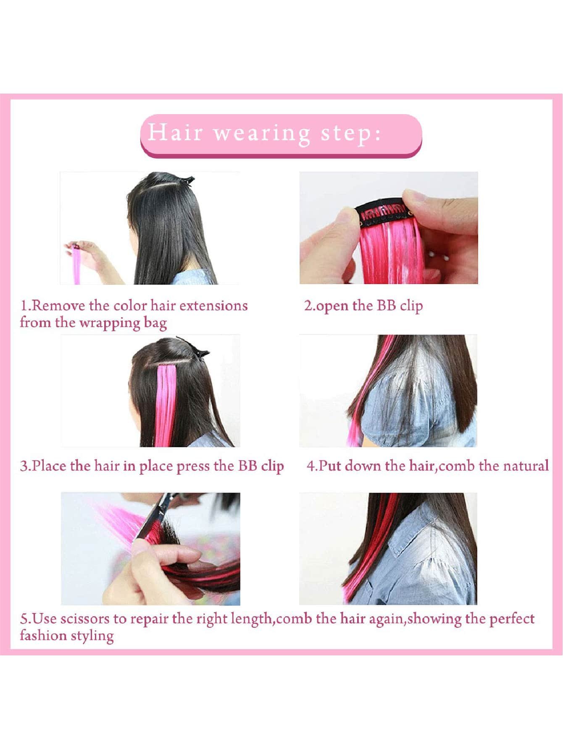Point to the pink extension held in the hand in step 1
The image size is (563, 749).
76,264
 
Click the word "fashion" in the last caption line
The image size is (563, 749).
43,635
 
